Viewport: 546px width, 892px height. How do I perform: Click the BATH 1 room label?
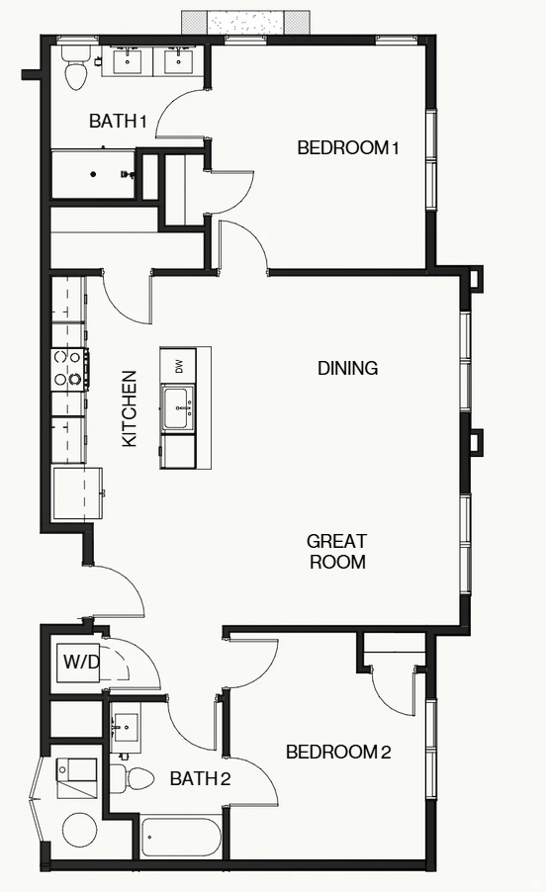(x=118, y=122)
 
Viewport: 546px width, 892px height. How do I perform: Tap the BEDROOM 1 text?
(x=347, y=148)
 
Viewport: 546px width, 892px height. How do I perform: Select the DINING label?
(x=347, y=368)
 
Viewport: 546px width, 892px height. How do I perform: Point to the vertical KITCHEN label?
(x=130, y=408)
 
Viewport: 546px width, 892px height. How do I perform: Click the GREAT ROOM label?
(x=336, y=552)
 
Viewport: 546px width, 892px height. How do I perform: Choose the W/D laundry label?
(x=81, y=661)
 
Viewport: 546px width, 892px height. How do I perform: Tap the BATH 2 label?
(x=200, y=779)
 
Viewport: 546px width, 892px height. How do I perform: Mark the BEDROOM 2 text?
(x=338, y=753)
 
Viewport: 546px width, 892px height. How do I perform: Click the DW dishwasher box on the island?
(x=179, y=365)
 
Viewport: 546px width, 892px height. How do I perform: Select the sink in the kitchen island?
(x=178, y=406)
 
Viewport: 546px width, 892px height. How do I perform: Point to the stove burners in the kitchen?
(x=68, y=367)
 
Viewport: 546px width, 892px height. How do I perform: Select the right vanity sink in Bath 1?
(x=179, y=61)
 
